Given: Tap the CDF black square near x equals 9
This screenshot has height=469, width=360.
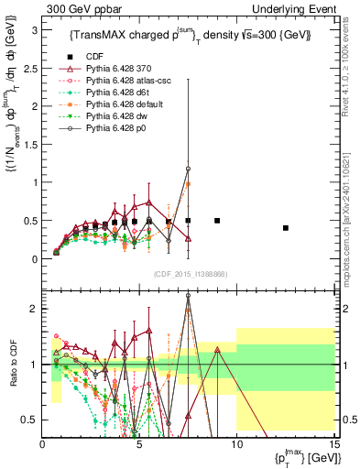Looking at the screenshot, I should (x=217, y=221).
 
